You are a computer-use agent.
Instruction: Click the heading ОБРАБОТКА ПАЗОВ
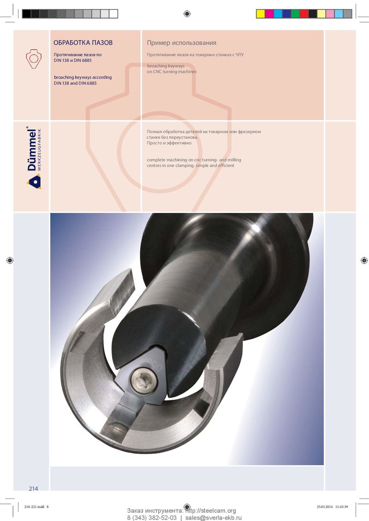point(83,42)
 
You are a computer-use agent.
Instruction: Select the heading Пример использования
point(182,43)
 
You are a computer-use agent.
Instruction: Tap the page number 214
point(33,488)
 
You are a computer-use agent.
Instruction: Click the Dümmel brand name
point(31,149)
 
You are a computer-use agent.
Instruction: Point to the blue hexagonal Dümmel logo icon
point(34,181)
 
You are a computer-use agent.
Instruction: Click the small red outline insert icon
point(34,59)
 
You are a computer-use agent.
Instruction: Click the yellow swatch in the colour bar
point(261,14)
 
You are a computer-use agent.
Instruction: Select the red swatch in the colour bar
point(304,14)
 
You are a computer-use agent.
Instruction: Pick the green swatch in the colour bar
point(295,14)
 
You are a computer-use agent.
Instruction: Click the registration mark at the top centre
point(187,14)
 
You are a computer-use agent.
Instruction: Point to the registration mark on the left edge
point(10,260)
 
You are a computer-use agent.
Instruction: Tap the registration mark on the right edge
point(364,260)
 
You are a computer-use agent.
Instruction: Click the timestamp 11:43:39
point(341,507)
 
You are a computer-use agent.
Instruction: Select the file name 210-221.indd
point(34,507)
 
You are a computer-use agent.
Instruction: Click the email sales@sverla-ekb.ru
point(214,518)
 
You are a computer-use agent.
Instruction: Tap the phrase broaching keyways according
point(83,77)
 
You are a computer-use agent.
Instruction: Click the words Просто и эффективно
point(169,143)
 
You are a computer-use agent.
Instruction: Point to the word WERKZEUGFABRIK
point(39,150)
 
